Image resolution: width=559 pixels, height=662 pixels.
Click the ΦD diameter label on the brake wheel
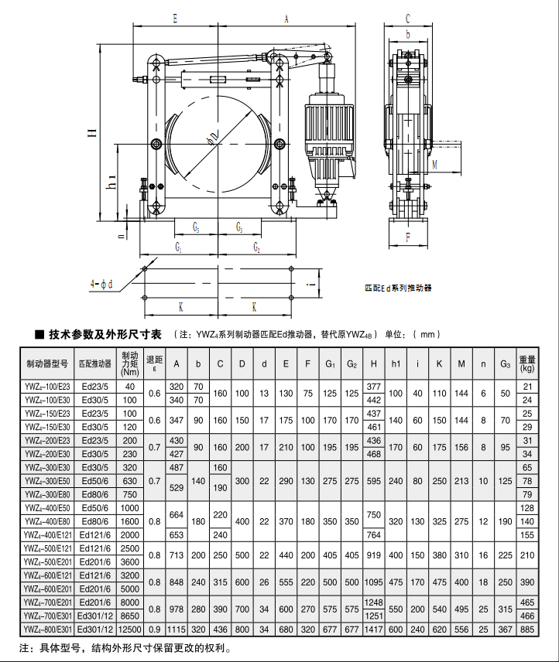[x=214, y=138]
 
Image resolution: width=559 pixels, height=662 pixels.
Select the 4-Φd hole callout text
[x=101, y=284]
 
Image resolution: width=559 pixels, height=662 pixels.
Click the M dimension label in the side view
[x=435, y=165]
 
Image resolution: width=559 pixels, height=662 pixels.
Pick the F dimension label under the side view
[x=408, y=237]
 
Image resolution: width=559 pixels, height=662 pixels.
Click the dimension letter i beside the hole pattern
[x=312, y=284]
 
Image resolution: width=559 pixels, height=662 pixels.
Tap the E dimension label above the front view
[x=175, y=19]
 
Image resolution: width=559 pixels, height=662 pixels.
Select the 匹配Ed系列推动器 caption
[x=399, y=288]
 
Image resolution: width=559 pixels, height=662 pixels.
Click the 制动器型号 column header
[x=47, y=363]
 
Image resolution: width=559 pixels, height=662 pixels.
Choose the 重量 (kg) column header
[x=527, y=363]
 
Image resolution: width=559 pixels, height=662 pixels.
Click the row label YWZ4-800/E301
[x=48, y=630]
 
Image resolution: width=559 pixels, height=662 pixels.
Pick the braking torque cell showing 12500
[x=130, y=630]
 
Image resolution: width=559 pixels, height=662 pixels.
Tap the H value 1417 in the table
[x=374, y=630]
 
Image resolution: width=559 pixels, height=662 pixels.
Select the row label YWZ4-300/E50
[x=47, y=481]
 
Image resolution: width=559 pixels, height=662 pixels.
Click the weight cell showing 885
[x=527, y=630]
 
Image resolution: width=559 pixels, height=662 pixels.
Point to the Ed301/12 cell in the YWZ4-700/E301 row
[x=95, y=616]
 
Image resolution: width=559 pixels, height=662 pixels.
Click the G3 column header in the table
[x=506, y=364]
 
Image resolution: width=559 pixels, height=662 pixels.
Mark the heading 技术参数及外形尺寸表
[x=105, y=335]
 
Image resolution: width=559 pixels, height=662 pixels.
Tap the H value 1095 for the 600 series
[x=374, y=582]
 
